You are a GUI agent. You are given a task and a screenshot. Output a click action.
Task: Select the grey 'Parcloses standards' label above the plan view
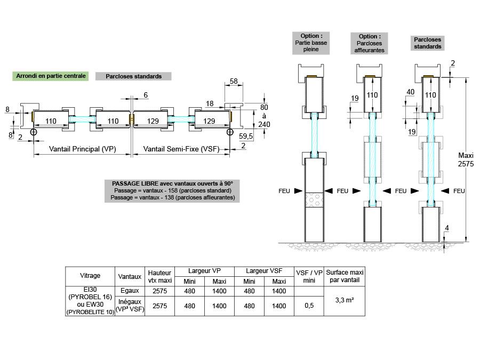click(x=133, y=76)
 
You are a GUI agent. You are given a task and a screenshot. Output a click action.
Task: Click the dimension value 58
click(x=233, y=81)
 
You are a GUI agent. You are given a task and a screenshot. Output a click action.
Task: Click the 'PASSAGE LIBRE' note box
click(x=172, y=190)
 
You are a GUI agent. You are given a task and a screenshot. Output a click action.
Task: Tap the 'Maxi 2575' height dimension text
click(x=466, y=160)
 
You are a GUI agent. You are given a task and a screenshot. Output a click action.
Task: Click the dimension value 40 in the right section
click(x=410, y=92)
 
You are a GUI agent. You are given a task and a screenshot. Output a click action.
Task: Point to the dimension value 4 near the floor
click(x=447, y=229)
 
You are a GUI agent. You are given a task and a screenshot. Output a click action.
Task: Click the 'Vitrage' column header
click(x=90, y=276)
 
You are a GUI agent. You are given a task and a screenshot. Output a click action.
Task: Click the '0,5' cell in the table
click(x=309, y=306)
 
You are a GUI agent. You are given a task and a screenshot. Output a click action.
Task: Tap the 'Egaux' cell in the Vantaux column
click(x=130, y=291)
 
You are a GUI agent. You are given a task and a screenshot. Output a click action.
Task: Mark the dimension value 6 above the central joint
click(x=146, y=95)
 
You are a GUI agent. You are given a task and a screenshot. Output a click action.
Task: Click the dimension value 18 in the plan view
click(x=210, y=103)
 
